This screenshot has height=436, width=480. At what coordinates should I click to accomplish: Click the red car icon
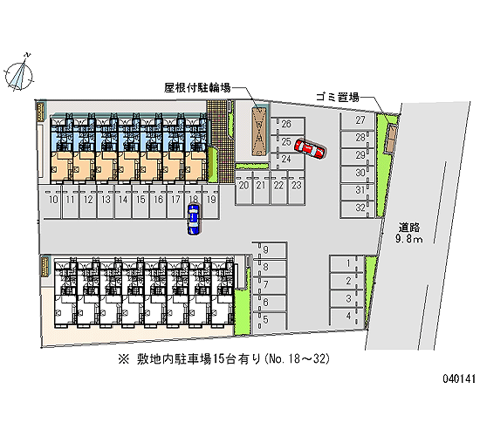point(310,149)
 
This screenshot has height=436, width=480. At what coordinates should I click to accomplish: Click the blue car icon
point(194,219)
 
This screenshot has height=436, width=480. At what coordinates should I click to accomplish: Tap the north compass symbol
point(19,73)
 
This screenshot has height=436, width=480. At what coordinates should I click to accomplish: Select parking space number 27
point(358,121)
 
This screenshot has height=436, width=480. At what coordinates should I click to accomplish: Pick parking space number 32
point(358,209)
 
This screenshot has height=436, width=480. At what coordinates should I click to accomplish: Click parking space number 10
point(53,201)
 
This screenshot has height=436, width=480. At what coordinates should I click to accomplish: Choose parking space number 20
point(244,187)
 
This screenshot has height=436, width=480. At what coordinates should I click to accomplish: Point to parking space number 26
point(287,126)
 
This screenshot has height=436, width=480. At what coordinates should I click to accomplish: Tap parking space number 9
point(270,251)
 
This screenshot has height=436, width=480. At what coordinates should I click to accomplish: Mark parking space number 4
point(346,317)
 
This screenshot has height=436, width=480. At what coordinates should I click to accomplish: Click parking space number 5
point(270,321)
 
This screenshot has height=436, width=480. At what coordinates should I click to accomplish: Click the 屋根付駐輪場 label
point(197,88)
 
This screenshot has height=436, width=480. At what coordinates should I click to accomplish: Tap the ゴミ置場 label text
point(338,98)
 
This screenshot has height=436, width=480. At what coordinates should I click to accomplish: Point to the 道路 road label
point(408,228)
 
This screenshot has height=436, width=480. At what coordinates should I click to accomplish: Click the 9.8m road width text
point(408,239)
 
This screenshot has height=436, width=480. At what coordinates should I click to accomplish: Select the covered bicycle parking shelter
point(259,132)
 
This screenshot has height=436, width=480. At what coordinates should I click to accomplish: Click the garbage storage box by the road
point(392,139)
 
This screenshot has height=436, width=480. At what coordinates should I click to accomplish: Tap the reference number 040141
point(459,378)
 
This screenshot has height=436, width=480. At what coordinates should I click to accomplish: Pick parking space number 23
point(297,187)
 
